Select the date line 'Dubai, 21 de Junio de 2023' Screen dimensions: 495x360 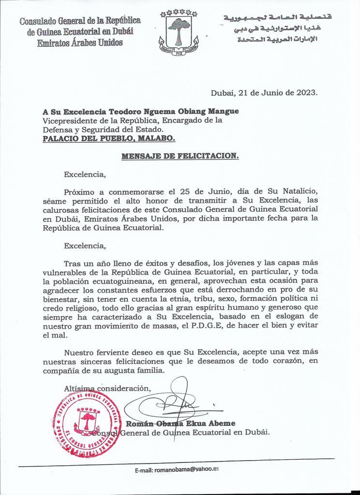pos(264,92)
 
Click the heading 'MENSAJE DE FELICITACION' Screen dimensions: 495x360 pos(180,156)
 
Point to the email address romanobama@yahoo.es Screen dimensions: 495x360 pos(190,469)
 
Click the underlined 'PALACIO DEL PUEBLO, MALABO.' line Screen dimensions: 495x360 pos(109,138)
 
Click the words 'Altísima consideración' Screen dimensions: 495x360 pos(107,388)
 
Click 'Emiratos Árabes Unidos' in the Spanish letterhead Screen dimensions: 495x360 pos(80,43)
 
